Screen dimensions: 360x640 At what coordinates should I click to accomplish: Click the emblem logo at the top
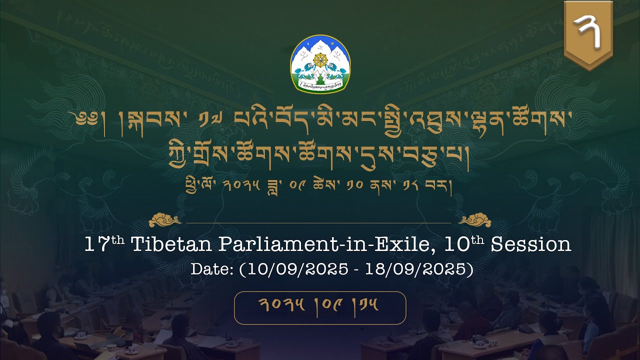[320, 63]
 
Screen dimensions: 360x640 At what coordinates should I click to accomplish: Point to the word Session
[530, 245]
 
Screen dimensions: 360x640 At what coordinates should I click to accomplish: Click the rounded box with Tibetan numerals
[320, 307]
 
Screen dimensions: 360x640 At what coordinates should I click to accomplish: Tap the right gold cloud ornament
[475, 220]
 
